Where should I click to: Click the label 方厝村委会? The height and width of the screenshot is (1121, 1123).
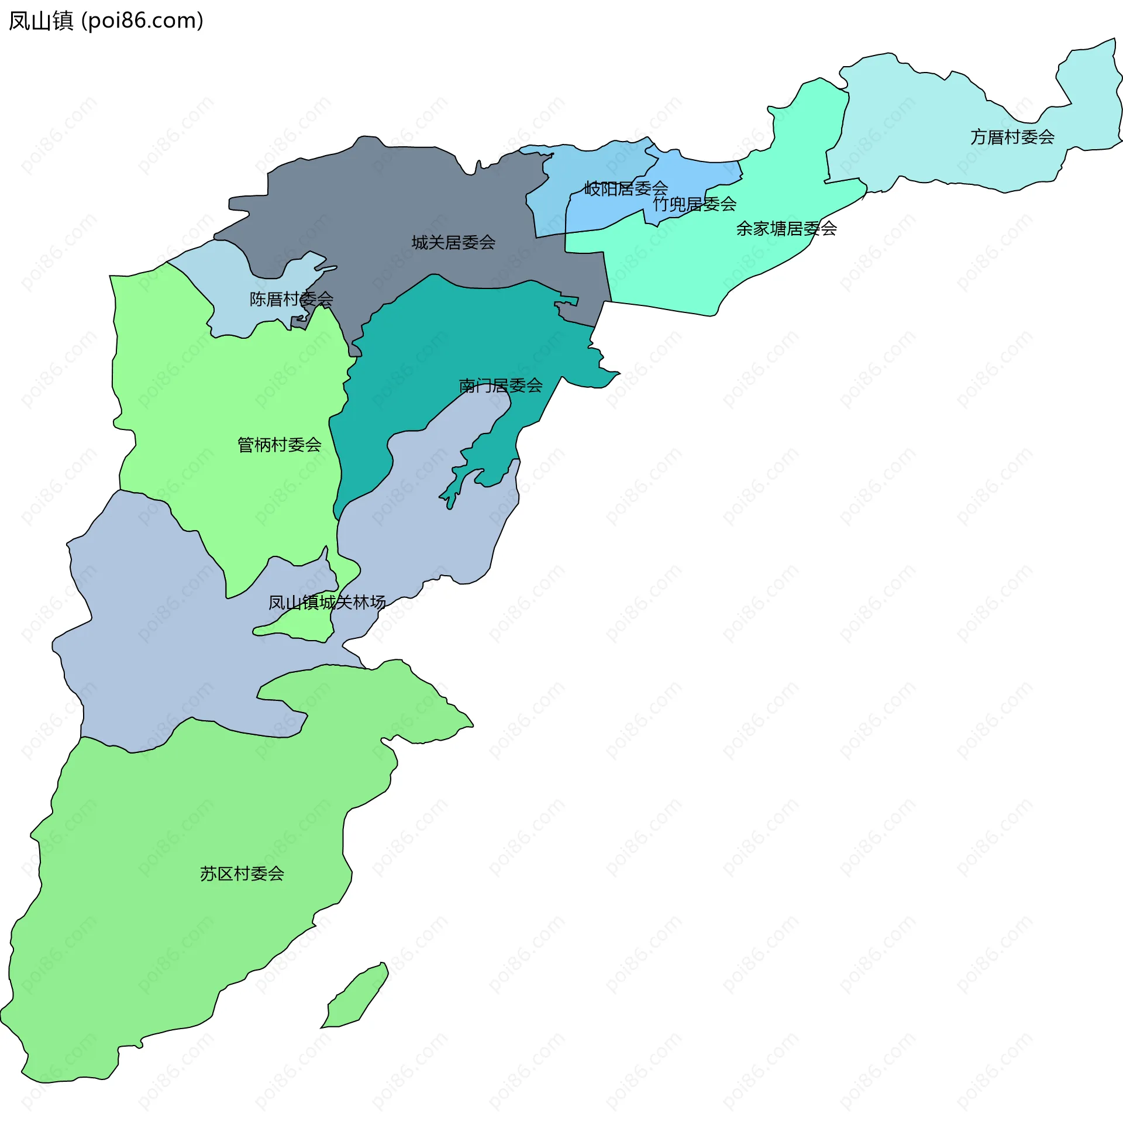(1012, 137)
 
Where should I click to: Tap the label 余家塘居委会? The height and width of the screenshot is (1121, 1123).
(786, 228)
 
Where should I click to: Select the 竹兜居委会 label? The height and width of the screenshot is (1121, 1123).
(694, 204)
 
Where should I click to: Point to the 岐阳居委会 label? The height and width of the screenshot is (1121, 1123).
(626, 188)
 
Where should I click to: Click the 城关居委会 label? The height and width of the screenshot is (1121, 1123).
(453, 242)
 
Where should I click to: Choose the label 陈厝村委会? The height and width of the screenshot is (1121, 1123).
(291, 299)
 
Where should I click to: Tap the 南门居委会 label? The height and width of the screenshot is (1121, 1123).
(501, 386)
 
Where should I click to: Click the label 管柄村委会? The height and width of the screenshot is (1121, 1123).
(279, 445)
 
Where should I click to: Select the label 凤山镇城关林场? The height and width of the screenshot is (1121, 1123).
(326, 602)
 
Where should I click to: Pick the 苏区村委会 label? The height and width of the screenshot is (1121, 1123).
(242, 874)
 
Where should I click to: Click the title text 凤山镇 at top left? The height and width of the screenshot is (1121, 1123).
(41, 21)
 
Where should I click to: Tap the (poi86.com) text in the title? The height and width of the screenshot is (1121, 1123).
(143, 21)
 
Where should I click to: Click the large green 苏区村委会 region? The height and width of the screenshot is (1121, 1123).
(175, 907)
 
